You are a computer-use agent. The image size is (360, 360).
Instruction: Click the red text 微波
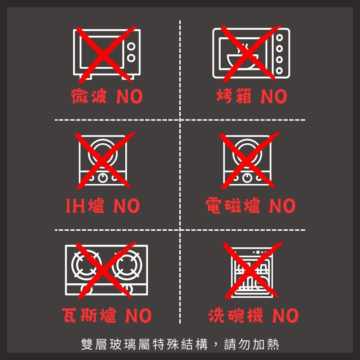(89, 96)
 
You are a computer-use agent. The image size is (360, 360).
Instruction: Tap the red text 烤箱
(234, 96)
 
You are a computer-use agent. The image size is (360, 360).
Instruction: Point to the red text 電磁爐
(233, 206)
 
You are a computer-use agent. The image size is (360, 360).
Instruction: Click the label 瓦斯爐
(89, 315)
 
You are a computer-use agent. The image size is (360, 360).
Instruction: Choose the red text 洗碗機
(236, 315)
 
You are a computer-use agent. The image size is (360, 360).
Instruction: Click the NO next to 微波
(130, 96)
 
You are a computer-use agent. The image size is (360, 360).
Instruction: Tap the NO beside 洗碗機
(285, 316)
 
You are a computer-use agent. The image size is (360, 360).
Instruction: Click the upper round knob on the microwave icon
(131, 46)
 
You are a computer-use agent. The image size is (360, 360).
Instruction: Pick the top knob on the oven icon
(279, 37)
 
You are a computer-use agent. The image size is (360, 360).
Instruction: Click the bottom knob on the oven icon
(279, 71)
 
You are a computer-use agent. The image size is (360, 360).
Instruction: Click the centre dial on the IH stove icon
(103, 177)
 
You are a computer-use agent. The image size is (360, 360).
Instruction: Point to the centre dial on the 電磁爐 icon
(247, 177)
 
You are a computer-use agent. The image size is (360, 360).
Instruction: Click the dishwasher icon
(252, 272)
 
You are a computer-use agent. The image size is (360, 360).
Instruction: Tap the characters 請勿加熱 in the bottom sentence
(252, 344)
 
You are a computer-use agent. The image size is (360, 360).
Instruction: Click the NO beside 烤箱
(274, 96)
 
